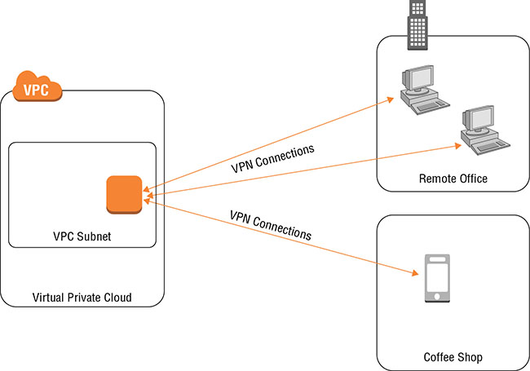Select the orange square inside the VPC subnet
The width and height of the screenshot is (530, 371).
[124, 195]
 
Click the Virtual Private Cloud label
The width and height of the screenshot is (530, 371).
[81, 298]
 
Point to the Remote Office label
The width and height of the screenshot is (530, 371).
[453, 179]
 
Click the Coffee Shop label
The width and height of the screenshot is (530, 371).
[453, 357]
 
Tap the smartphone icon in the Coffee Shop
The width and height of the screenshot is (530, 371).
[439, 280]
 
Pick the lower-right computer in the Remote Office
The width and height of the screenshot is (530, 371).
[484, 130]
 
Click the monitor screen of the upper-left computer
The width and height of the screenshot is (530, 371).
[422, 78]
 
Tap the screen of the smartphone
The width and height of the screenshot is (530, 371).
[439, 277]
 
